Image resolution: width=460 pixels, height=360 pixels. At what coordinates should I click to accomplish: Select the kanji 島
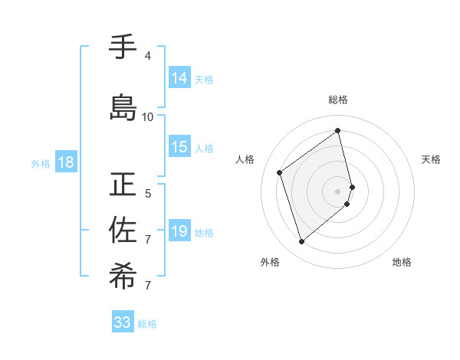123,107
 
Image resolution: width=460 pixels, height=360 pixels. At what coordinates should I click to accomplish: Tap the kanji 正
123,185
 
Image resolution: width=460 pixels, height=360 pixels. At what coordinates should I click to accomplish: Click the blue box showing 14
179,78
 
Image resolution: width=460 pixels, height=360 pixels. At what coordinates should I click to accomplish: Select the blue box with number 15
179,148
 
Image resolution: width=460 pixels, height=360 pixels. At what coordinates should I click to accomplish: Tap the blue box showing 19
179,232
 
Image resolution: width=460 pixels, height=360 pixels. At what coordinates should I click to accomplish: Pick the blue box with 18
65,162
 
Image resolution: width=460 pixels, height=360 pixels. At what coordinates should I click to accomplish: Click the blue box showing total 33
123,322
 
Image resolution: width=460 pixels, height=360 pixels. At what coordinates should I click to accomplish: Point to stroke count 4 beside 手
148,56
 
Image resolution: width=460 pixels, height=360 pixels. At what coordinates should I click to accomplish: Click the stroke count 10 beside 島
148,116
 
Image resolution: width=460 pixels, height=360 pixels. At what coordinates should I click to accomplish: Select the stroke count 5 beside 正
148,193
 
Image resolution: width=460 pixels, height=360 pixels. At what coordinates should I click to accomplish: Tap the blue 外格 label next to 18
41,163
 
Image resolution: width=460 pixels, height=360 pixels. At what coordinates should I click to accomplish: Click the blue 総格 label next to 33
147,324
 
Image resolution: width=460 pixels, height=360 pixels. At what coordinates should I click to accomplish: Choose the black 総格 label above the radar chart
338,100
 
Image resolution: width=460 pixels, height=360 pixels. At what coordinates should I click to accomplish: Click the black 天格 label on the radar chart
431,159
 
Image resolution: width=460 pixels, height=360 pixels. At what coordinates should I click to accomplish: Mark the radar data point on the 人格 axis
280,172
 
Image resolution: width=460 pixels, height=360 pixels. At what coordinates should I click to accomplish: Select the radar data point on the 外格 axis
301,242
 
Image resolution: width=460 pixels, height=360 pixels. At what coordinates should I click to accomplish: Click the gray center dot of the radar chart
338,191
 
